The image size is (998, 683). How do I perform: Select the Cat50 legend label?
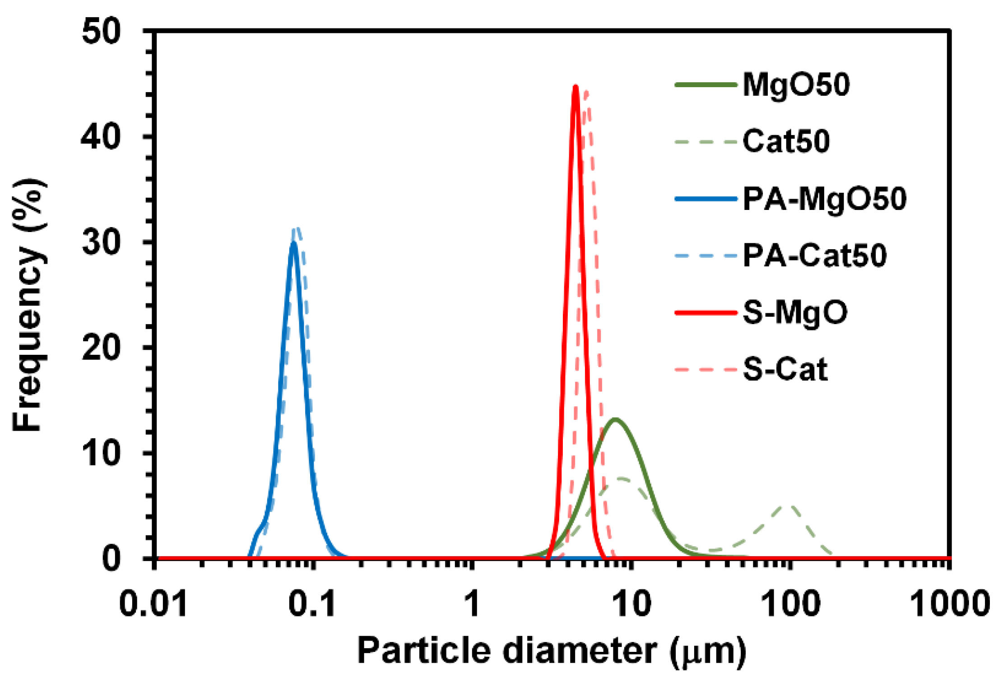click(786, 141)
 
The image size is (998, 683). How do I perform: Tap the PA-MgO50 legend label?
click(824, 199)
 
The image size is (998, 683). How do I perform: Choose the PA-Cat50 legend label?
click(815, 256)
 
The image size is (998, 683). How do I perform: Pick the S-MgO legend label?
click(795, 312)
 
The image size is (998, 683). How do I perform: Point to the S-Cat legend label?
click(785, 369)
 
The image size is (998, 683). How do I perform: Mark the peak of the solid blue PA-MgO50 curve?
click(294, 243)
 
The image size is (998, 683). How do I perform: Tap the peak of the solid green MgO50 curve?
click(615, 419)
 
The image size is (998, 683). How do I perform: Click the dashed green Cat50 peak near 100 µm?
click(789, 506)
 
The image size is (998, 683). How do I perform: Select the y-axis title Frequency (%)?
click(28, 306)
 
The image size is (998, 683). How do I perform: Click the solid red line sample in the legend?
click(706, 312)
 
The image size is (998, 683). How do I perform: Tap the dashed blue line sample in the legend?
click(706, 256)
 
